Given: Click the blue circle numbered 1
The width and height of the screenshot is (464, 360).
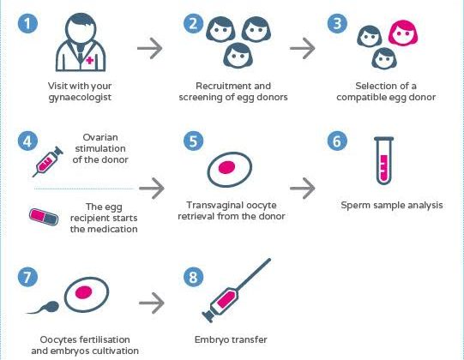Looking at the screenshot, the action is pos(27,23).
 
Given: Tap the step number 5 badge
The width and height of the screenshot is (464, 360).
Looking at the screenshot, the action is pos(193,141).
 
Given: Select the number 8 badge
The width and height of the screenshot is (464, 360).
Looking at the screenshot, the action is pos(193,277).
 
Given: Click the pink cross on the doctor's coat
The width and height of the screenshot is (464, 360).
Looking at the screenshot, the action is pos(90,60).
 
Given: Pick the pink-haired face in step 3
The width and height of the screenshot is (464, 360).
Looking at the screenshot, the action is pos(403,33).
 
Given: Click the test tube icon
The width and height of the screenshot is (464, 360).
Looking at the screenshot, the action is pos(383,160).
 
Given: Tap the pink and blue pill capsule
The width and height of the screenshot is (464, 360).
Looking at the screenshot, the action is pos(44,217).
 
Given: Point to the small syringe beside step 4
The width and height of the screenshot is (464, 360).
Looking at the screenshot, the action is pos(48,162).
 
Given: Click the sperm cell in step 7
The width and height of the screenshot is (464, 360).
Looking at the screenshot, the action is pos(43,308).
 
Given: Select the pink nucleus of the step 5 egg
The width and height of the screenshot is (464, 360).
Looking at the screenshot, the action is pos(227,167).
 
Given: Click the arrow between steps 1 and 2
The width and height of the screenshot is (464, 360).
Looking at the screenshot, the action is pos(150,48).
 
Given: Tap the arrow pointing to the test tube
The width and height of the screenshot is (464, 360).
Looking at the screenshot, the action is pos(303,188).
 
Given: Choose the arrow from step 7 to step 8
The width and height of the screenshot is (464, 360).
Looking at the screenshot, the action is pos(152,303).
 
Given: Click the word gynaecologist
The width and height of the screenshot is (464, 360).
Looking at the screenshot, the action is pos(80,98).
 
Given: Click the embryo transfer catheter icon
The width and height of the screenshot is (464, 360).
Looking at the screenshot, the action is pos(236,291).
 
